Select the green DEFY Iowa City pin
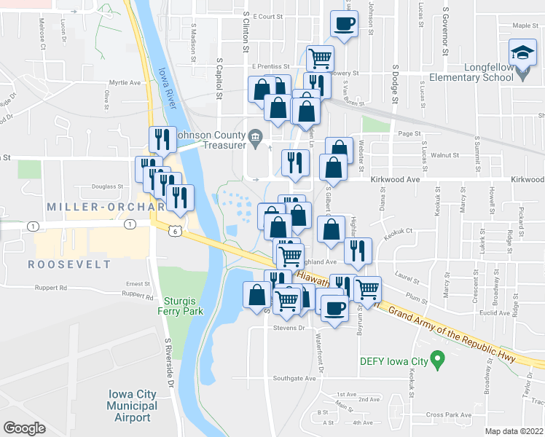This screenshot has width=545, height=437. click(x=437, y=359)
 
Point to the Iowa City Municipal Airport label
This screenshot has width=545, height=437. click(x=133, y=406)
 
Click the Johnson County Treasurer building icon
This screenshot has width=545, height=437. click(x=255, y=136)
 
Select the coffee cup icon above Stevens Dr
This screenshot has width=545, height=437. click(x=334, y=308)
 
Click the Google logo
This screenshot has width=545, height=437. click(x=24, y=428)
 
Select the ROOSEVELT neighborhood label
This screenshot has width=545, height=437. click(x=70, y=264)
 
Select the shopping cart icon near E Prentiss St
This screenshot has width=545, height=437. click(x=320, y=57)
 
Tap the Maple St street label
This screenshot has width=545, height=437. click(x=525, y=25)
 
